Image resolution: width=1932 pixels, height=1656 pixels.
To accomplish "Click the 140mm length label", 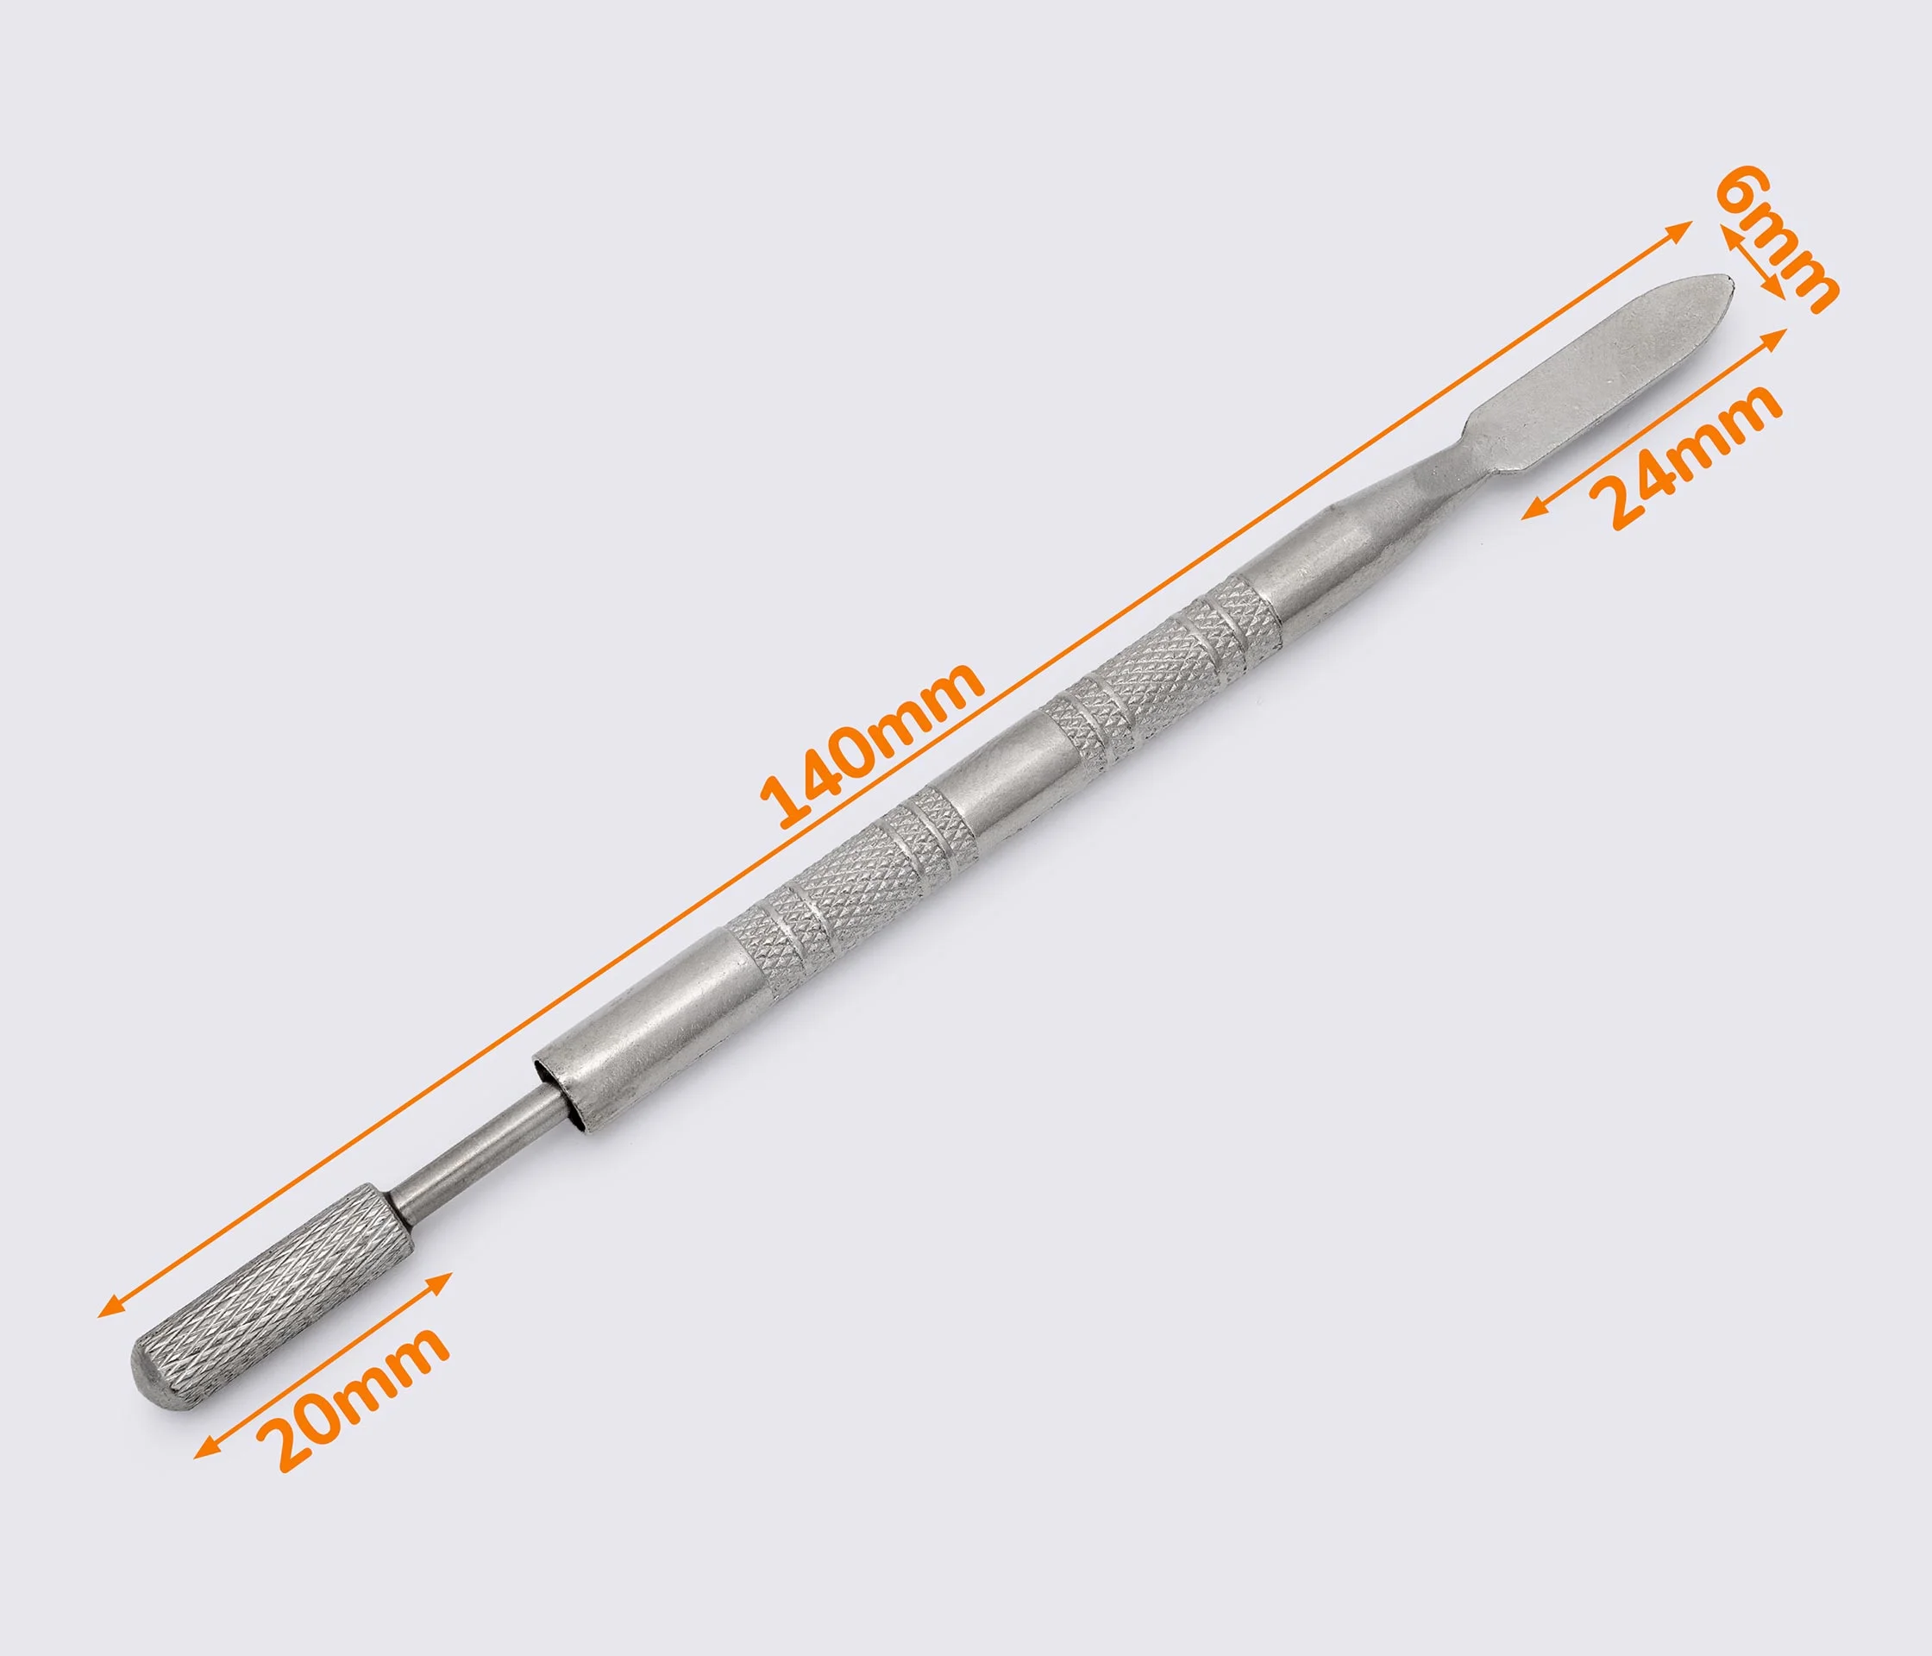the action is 872,746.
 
